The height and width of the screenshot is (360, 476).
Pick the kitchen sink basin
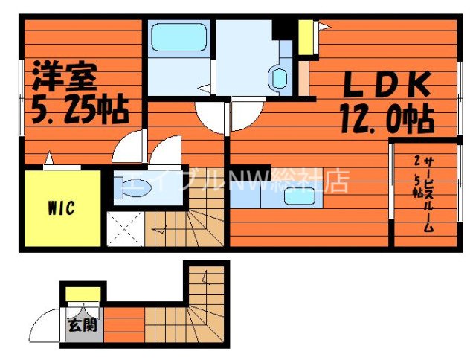click(300, 196)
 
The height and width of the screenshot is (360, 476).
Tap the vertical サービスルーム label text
click(429, 195)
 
